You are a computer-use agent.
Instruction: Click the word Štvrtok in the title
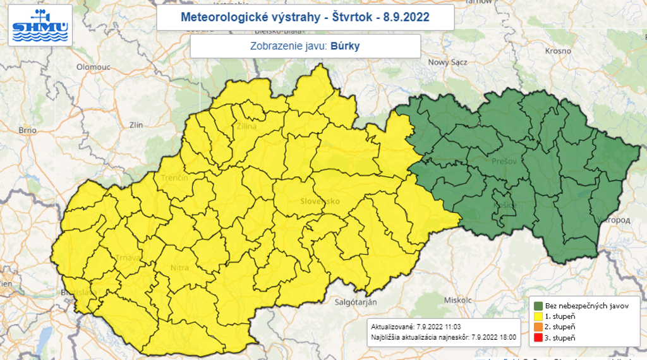coord(349,17)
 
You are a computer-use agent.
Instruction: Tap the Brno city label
coord(27,130)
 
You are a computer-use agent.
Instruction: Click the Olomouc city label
coord(94,66)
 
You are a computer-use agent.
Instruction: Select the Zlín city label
coord(136,125)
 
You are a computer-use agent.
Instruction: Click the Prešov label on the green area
coord(504,162)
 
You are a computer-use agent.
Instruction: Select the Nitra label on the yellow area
coord(179,268)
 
